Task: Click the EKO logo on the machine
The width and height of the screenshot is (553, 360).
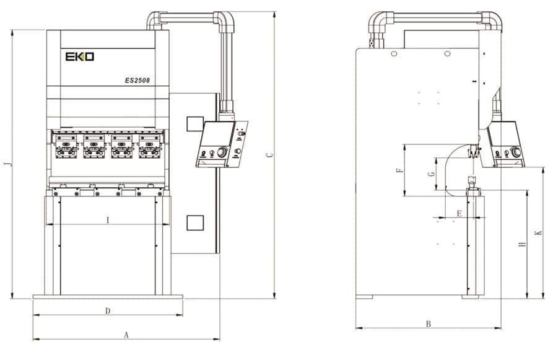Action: (x=80, y=56)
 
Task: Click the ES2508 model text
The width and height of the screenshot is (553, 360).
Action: (x=137, y=81)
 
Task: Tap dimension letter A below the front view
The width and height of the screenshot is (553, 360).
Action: (x=126, y=335)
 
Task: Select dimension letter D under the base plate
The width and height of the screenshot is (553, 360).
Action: (x=108, y=311)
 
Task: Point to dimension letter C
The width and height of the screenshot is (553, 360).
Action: (x=269, y=155)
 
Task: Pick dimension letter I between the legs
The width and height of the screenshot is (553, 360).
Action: (x=108, y=220)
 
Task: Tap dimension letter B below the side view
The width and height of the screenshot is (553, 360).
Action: (x=429, y=323)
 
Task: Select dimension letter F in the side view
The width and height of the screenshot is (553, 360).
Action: (x=399, y=170)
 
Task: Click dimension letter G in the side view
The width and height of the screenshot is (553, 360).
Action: (x=430, y=174)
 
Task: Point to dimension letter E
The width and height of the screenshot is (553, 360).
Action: (x=459, y=214)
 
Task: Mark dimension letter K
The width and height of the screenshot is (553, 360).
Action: (x=538, y=233)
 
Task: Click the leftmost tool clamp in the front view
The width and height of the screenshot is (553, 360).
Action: (x=66, y=145)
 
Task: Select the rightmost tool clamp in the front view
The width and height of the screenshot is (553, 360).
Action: (x=149, y=145)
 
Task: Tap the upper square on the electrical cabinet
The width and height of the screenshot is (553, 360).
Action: (x=195, y=124)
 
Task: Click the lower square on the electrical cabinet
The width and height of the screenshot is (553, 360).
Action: (x=195, y=222)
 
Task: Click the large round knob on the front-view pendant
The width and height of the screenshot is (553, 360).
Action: (x=222, y=152)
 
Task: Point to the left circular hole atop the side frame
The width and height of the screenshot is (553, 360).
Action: (x=394, y=54)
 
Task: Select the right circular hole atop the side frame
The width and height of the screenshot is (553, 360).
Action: (x=447, y=54)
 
